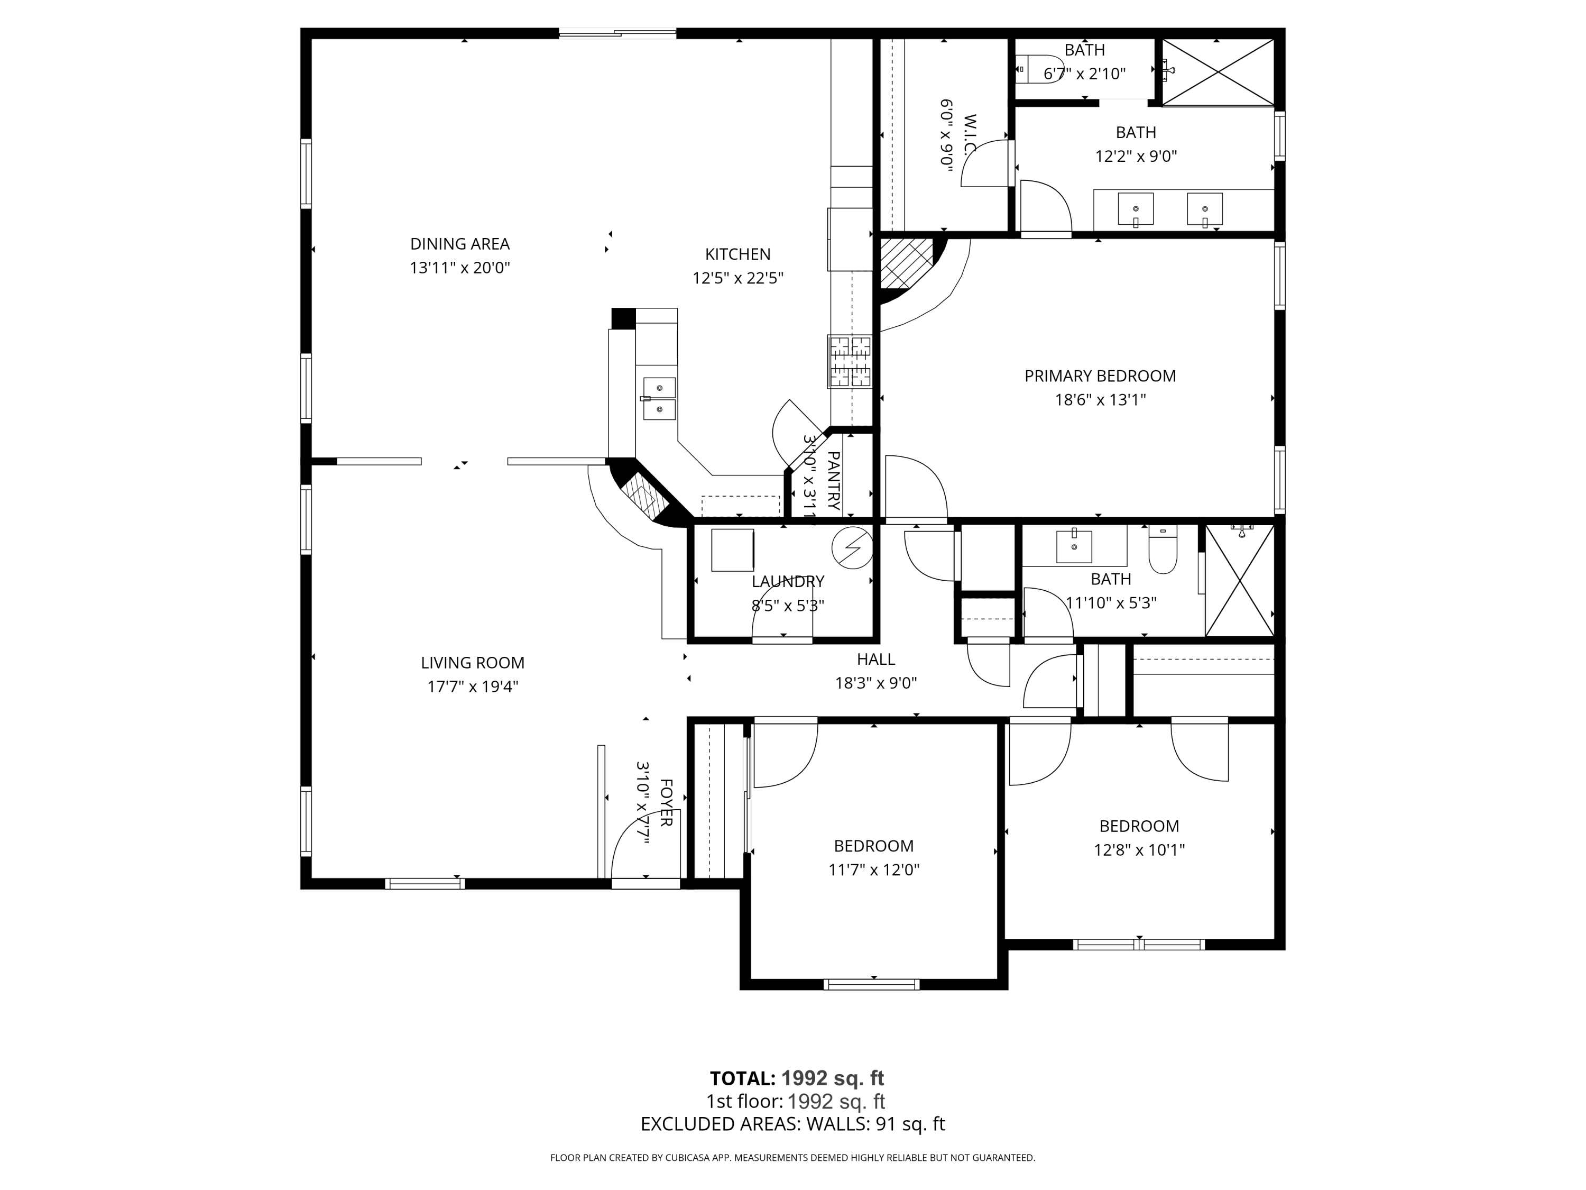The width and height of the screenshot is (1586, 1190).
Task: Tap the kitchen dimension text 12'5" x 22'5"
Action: pyautogui.click(x=738, y=278)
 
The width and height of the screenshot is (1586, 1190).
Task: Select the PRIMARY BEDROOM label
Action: pyautogui.click(x=1100, y=376)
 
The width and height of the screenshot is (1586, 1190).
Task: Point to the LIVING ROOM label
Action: pyautogui.click(x=473, y=663)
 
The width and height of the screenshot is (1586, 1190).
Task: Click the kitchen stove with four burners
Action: pyautogui.click(x=850, y=362)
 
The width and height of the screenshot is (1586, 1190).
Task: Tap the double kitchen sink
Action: pyautogui.click(x=659, y=399)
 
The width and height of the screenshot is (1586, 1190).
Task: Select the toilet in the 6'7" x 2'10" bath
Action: pyautogui.click(x=1040, y=70)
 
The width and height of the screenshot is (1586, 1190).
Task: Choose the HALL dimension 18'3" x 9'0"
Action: pyautogui.click(x=876, y=683)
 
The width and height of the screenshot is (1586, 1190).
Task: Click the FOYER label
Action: pyautogui.click(x=666, y=803)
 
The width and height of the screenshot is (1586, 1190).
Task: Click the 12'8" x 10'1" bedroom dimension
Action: pyautogui.click(x=1139, y=850)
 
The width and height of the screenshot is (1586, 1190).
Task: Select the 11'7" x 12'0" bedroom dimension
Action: pyautogui.click(x=874, y=870)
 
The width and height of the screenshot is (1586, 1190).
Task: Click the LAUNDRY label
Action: pyautogui.click(x=788, y=582)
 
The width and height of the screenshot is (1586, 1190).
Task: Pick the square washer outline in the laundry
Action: pyautogui.click(x=732, y=550)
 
